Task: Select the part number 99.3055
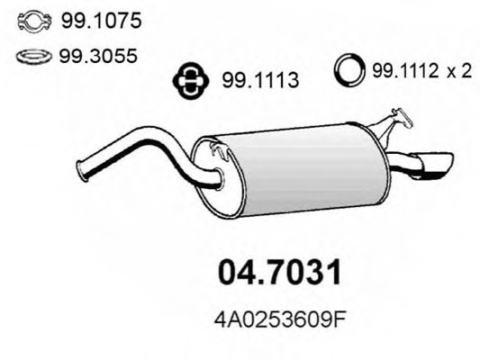point(88,58)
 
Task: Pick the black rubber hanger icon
point(189,80)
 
